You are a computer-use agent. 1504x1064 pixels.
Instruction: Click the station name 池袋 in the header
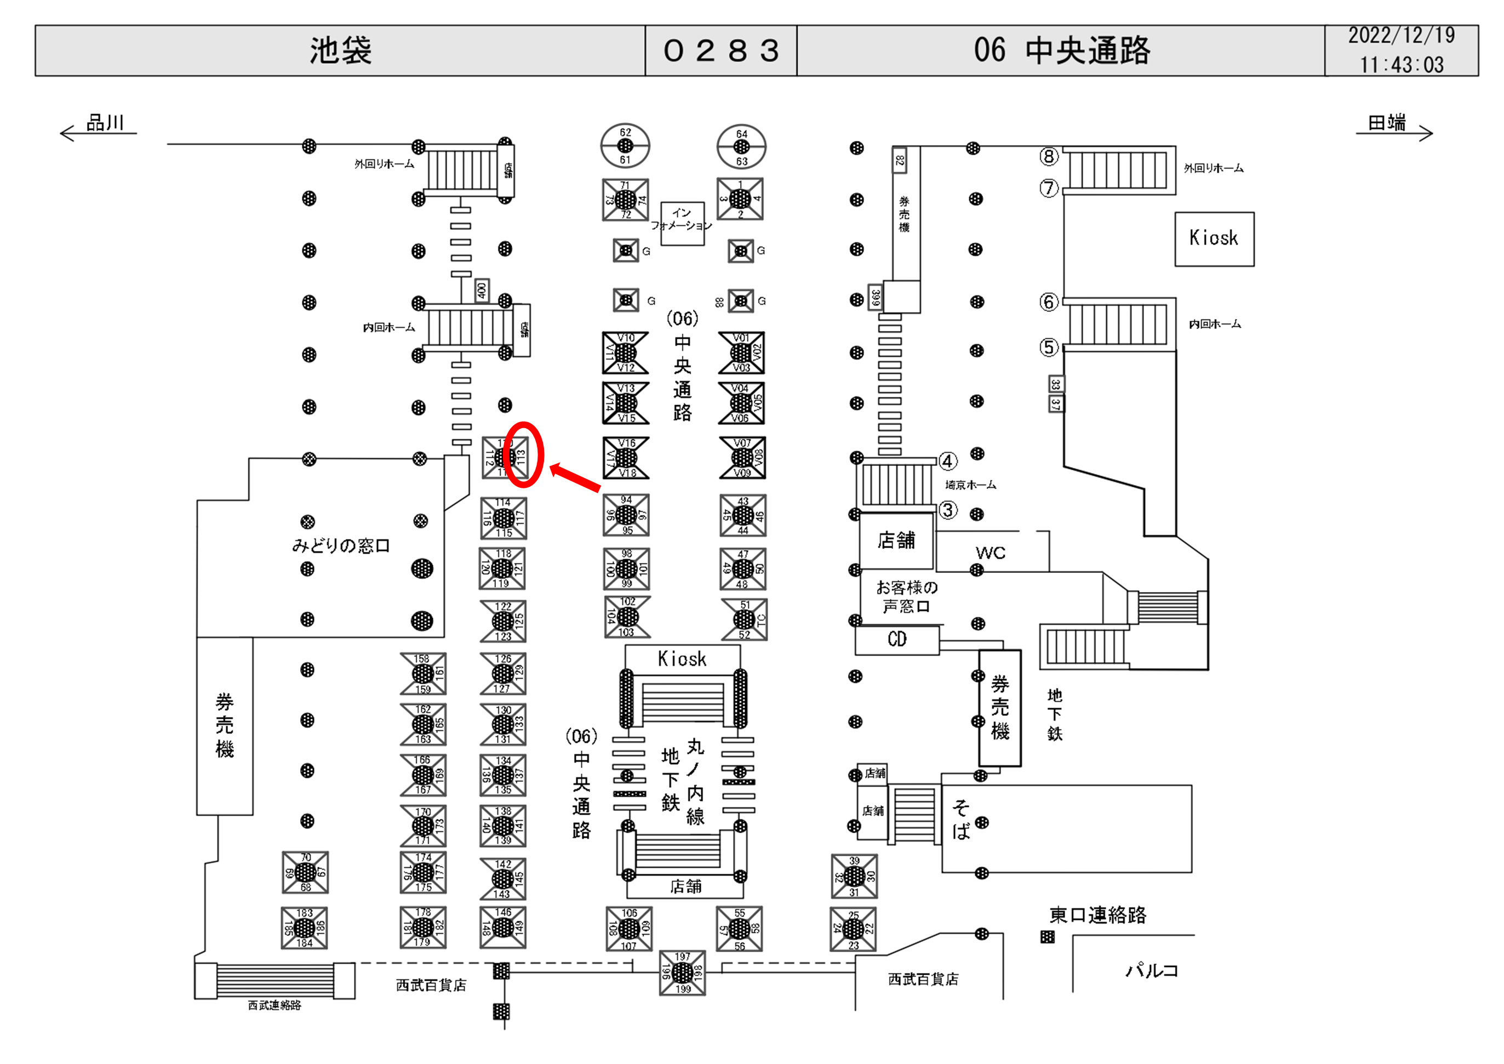(x=341, y=50)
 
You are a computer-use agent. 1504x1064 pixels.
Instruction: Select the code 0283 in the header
(x=720, y=50)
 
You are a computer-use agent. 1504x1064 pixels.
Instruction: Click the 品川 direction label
(x=105, y=123)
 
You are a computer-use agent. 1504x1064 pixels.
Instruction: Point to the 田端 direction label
(x=1387, y=123)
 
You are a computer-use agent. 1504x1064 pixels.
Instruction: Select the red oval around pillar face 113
(x=524, y=454)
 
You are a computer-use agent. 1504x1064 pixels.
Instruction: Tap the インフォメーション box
(x=682, y=224)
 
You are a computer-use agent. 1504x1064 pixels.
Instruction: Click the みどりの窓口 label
(x=341, y=546)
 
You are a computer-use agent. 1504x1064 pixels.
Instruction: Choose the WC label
(x=990, y=553)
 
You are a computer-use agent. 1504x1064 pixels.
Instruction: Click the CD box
(x=897, y=640)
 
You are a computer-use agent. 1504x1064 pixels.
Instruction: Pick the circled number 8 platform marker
(x=1049, y=156)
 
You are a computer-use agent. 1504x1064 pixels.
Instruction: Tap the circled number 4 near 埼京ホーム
(x=948, y=461)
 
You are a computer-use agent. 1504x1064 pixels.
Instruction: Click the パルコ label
(x=1152, y=970)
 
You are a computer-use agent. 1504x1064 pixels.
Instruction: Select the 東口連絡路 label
(x=1098, y=915)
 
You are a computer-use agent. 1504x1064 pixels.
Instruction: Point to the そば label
(x=961, y=819)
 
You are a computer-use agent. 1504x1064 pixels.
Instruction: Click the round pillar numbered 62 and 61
(x=626, y=145)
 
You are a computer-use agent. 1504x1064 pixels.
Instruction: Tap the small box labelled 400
(x=482, y=290)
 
